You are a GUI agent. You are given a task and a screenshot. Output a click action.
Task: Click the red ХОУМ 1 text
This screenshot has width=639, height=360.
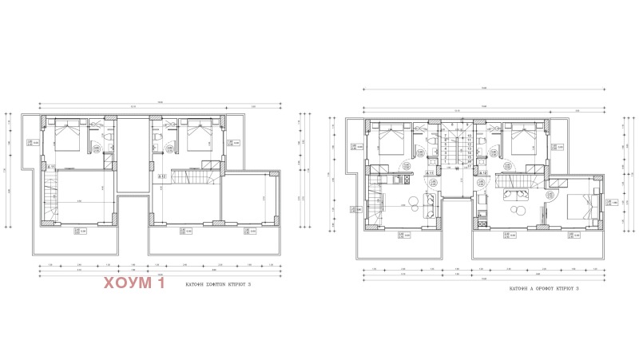click(133, 283)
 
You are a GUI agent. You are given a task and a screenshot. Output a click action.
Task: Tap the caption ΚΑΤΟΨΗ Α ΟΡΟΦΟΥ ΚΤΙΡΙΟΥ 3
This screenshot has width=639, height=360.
click(546, 293)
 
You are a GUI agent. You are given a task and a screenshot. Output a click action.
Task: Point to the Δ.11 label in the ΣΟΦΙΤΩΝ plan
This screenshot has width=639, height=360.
click(52, 166)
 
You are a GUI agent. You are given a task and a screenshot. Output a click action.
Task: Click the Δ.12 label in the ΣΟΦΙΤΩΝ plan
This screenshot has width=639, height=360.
click(161, 176)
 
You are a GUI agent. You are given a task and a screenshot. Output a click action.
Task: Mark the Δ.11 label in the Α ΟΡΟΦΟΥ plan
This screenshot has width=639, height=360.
click(429, 172)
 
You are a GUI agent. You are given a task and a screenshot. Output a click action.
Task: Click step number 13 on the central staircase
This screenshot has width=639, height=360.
click(469, 146)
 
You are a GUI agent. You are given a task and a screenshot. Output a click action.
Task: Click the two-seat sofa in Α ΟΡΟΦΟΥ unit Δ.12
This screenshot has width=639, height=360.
click(511, 194)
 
